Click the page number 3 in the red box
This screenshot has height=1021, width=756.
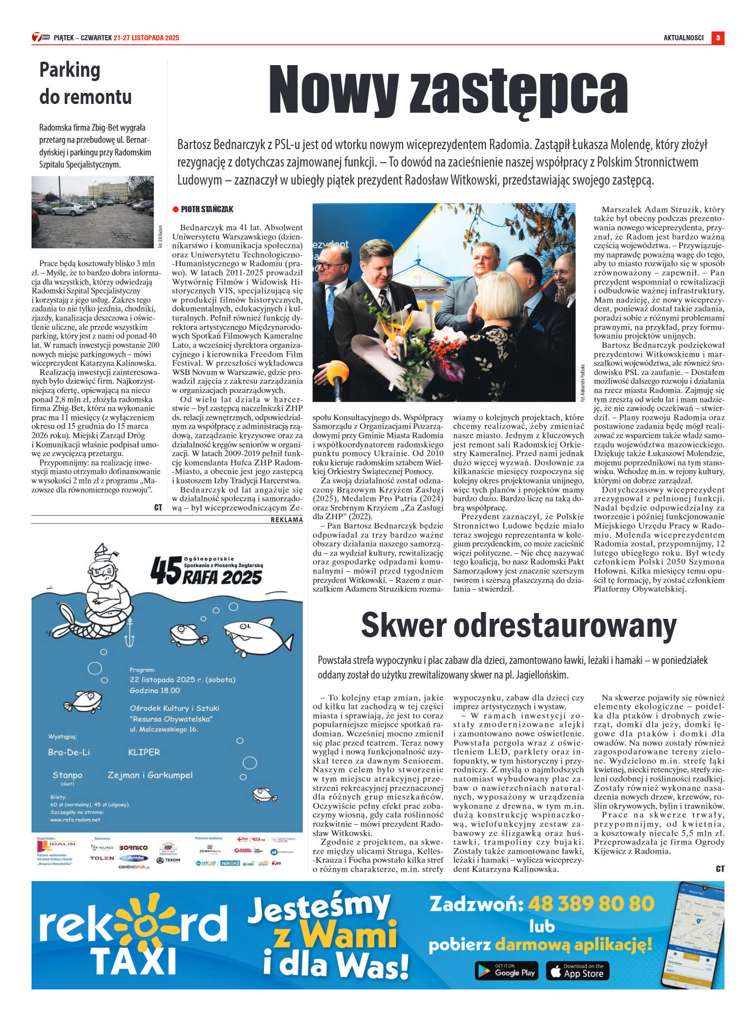pyautogui.click(x=718, y=38)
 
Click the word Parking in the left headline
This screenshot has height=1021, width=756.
pyautogui.click(x=70, y=70)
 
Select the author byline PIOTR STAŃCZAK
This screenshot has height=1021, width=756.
pyautogui.click(x=207, y=209)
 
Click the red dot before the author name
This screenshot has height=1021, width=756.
pyautogui.click(x=176, y=209)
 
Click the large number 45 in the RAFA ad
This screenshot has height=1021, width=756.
pyautogui.click(x=165, y=571)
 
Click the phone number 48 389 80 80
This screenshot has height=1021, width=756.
pyautogui.click(x=591, y=904)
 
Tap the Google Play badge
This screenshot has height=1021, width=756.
pyautogui.click(x=506, y=971)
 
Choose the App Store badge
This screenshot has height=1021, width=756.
pyautogui.click(x=577, y=971)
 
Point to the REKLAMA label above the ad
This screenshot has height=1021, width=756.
pyautogui.click(x=287, y=520)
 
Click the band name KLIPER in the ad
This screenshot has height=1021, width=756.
pyautogui.click(x=144, y=752)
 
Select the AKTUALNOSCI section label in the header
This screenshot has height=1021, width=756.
pyautogui.click(x=683, y=38)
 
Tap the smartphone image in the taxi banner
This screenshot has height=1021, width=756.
pyautogui.click(x=695, y=935)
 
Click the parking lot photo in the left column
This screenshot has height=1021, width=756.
pyautogui.click(x=93, y=212)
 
